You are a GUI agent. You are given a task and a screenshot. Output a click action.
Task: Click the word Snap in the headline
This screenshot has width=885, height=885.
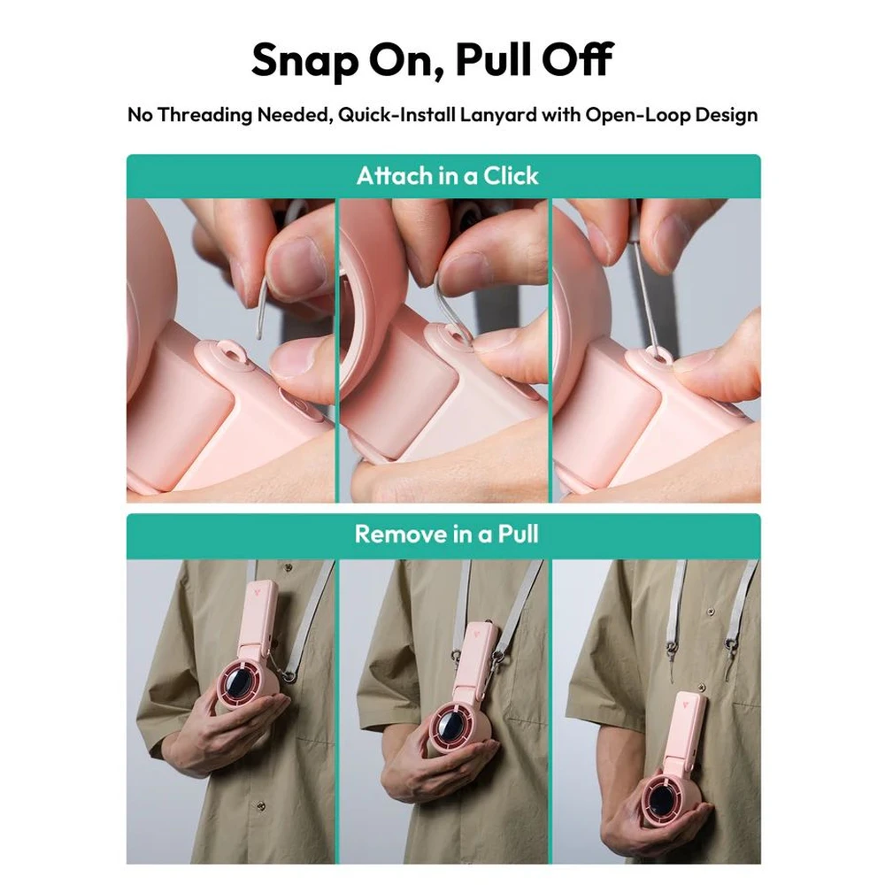click(304, 61)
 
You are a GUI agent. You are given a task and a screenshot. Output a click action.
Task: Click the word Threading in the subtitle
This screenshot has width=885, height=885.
click(205, 115)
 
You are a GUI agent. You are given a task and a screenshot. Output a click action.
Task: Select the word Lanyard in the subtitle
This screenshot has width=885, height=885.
click(498, 115)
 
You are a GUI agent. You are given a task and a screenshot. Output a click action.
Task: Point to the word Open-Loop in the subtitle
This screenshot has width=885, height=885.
click(636, 115)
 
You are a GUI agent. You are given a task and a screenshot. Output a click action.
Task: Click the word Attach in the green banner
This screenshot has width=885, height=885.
click(395, 176)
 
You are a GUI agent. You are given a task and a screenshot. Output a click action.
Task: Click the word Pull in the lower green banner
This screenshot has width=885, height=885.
click(518, 534)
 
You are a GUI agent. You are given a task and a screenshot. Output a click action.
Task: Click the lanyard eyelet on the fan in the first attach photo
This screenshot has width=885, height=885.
click(233, 355)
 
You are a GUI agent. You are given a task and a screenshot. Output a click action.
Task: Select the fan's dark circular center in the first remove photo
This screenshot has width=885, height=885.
click(240, 689)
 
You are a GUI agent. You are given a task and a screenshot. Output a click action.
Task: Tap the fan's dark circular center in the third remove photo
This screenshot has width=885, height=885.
click(660, 799)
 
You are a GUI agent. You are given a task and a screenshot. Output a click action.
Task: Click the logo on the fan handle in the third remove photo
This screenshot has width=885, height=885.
click(685, 704)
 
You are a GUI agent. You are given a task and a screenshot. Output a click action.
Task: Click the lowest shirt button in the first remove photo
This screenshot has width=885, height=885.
click(260, 805)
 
